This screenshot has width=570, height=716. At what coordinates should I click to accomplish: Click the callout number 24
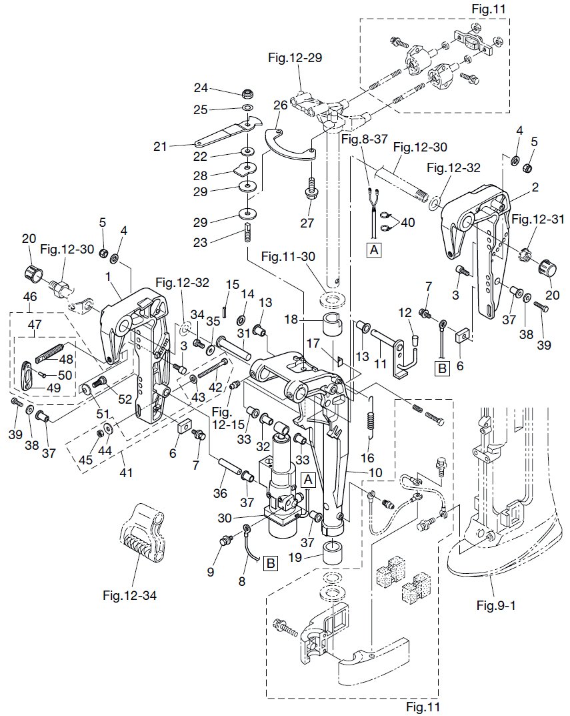[201, 87]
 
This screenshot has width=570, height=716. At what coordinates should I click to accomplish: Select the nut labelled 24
[248, 93]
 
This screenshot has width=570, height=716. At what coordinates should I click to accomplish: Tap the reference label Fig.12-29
[295, 58]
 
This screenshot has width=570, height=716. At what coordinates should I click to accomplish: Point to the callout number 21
[160, 147]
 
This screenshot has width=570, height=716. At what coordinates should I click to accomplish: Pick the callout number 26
[281, 105]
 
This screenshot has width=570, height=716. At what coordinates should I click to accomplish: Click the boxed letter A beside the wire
[374, 250]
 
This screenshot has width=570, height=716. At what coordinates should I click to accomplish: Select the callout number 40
[407, 222]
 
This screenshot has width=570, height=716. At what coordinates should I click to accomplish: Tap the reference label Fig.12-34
[129, 595]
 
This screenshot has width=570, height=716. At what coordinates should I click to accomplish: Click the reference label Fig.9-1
[496, 605]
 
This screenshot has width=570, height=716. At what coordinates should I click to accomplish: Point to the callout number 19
[295, 558]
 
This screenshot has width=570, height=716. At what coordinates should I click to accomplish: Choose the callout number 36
[220, 493]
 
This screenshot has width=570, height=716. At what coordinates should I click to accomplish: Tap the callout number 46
[30, 297]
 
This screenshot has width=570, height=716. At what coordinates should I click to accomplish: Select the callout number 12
[405, 313]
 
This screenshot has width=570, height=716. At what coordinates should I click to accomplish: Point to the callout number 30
[225, 518]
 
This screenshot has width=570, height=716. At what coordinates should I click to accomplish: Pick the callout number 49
[54, 388]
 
